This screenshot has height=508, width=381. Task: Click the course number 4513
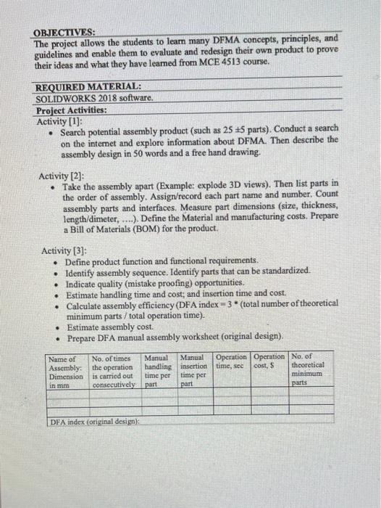250,62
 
